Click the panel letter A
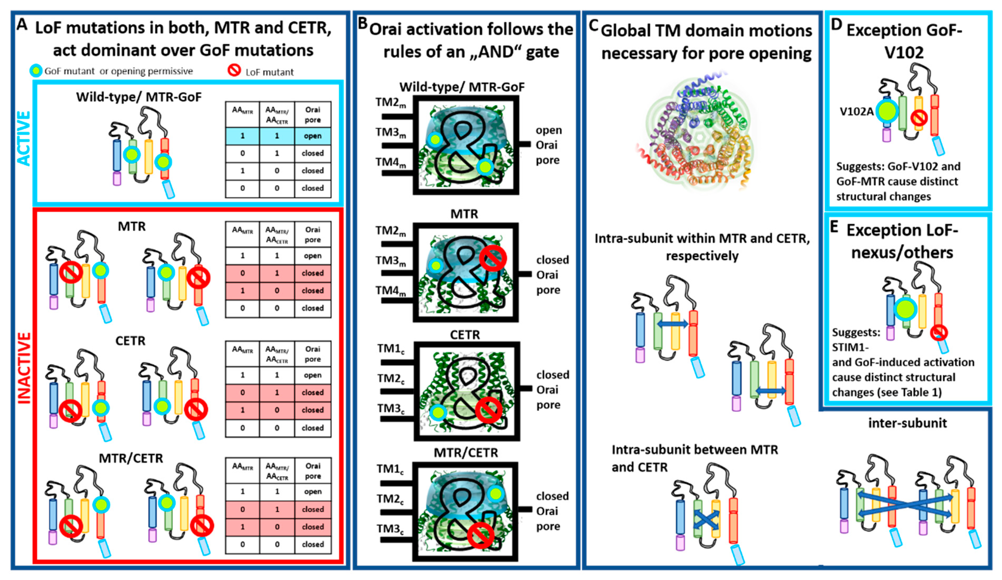point(22,25)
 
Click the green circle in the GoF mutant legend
point(36,71)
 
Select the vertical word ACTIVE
point(24,138)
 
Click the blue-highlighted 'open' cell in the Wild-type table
point(312,136)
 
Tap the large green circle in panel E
point(905,309)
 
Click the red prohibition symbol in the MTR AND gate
point(493,258)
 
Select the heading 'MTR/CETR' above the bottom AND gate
point(466,453)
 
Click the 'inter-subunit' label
point(907,423)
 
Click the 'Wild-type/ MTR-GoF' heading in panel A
point(139,97)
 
